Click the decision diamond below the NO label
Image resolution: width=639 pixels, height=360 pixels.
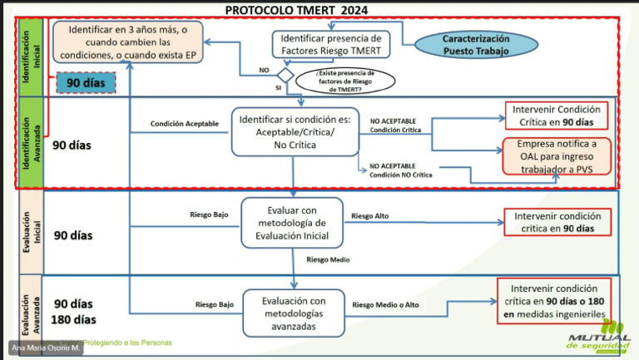(285, 76)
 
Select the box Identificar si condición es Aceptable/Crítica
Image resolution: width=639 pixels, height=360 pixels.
(295, 131)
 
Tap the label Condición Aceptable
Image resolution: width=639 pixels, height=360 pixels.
(185, 124)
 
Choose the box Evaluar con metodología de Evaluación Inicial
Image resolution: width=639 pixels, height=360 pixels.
(292, 222)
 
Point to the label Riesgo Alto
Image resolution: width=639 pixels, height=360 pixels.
(370, 216)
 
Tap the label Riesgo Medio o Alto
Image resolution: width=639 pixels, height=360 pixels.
(386, 305)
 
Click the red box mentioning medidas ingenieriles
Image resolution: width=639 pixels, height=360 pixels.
(553, 300)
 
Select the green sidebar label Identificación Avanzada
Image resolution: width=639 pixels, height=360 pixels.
(31, 144)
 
